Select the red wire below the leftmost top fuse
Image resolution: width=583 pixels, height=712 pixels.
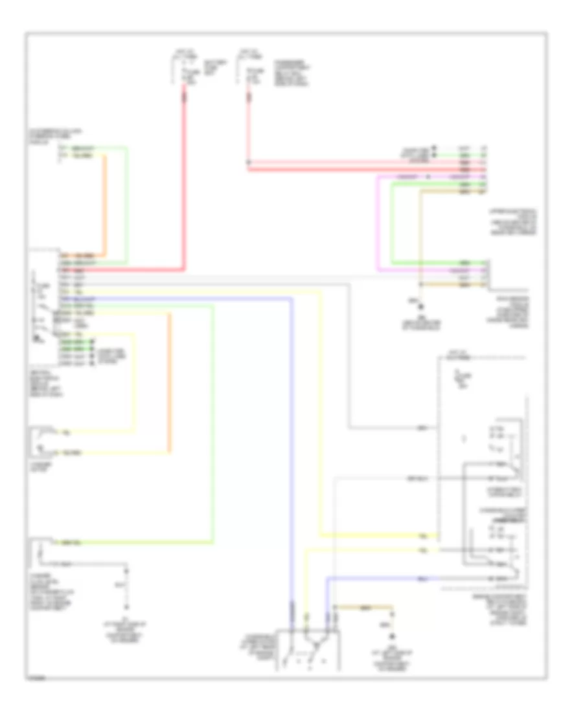point(184,181)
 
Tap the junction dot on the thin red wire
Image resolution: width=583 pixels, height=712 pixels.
point(249,162)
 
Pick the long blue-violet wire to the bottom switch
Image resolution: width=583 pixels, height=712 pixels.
point(291,453)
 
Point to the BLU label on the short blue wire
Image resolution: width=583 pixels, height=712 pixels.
point(422,577)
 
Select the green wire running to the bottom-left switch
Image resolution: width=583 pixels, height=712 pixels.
point(212,421)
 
